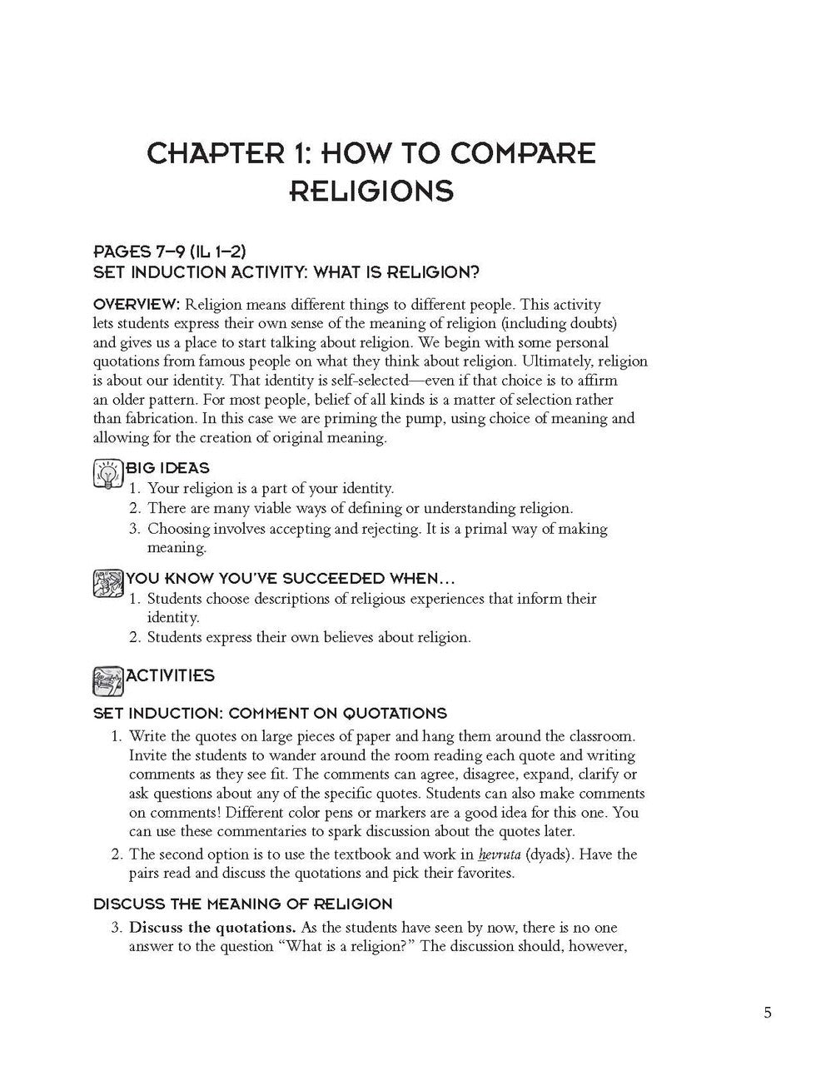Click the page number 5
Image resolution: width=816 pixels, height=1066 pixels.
click(767, 1013)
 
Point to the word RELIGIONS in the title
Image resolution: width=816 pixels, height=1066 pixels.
click(371, 192)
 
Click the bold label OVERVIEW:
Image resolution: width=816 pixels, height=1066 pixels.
click(136, 304)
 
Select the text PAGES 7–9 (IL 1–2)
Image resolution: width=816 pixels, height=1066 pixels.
click(169, 252)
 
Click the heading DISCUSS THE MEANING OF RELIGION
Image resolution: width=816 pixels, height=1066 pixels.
click(242, 904)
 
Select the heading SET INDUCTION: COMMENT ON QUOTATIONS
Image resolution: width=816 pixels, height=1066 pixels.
click(270, 713)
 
